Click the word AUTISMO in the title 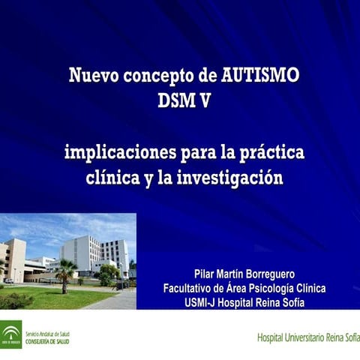[262, 76]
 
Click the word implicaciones [119, 153]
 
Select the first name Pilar [206, 274]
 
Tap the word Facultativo [193, 289]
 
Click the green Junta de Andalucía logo [10, 334]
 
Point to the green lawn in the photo [67, 298]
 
